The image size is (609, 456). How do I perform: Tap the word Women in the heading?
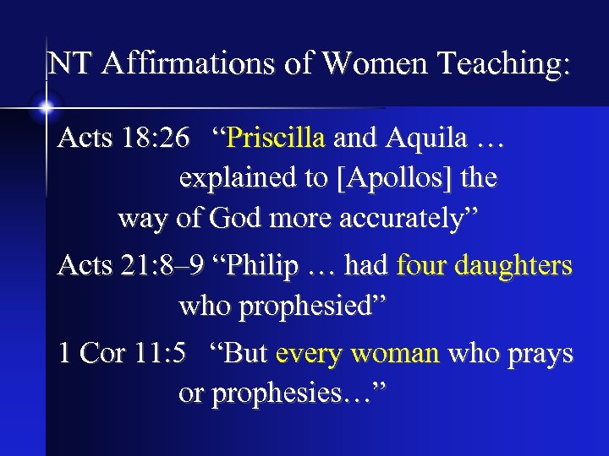349,63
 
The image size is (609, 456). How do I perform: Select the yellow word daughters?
513,266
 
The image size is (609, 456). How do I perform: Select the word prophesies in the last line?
283,394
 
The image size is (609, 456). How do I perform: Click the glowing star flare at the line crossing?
46,107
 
